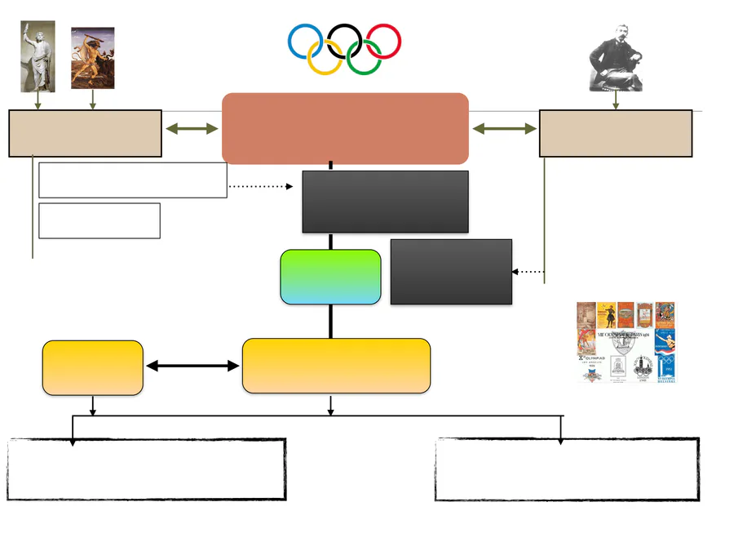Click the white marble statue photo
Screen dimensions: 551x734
(38, 56)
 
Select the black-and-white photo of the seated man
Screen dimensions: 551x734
(616, 57)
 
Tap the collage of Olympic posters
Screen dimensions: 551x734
(626, 342)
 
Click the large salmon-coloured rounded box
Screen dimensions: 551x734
(345, 128)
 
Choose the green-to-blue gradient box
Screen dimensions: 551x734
(330, 277)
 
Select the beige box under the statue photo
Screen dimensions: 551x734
(85, 133)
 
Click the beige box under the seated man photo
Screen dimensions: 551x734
(615, 133)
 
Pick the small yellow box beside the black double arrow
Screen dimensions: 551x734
(93, 368)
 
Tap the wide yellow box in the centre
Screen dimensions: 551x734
(336, 366)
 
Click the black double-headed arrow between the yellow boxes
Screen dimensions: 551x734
(192, 367)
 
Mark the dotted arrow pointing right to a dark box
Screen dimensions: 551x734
(260, 187)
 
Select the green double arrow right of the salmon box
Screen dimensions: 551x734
(504, 129)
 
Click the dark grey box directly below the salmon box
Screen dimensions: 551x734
(385, 202)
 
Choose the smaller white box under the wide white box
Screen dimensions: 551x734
(99, 220)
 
